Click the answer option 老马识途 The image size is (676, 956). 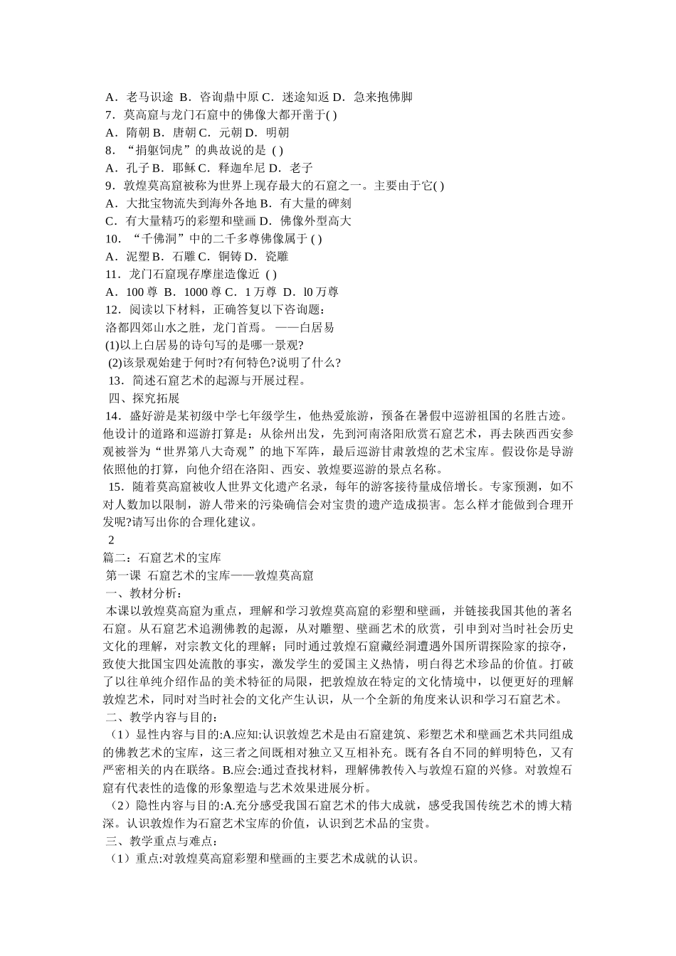149,97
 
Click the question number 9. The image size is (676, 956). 110,186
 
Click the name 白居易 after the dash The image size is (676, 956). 317,328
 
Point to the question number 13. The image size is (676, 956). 116,381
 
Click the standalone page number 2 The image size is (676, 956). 110,541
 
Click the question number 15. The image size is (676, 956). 116,487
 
